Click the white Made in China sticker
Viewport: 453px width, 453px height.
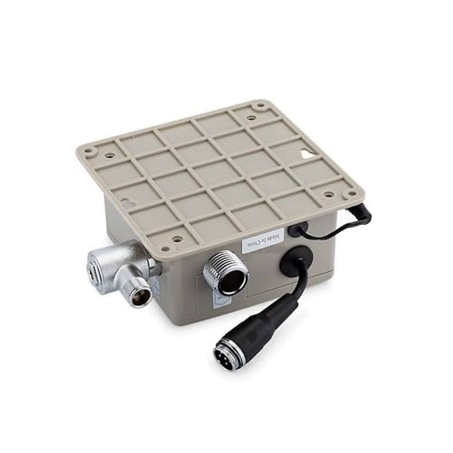262,240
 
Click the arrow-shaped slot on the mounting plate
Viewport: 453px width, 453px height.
307,154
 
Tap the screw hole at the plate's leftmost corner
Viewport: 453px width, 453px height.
89,151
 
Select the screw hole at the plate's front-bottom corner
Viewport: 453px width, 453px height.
165,249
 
